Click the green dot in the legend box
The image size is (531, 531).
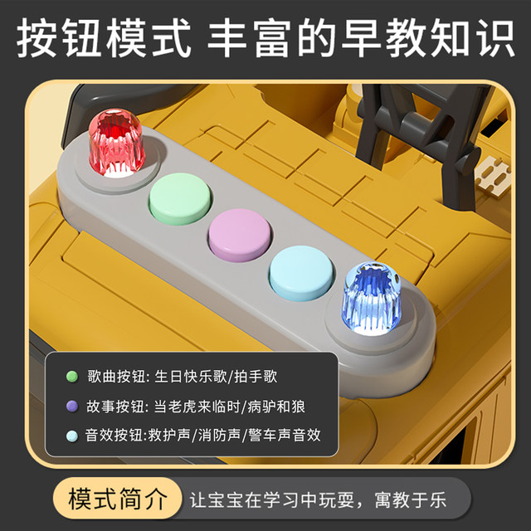pos(72,377)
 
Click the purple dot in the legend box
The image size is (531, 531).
pos(72,406)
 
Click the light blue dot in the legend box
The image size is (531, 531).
pos(72,435)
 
